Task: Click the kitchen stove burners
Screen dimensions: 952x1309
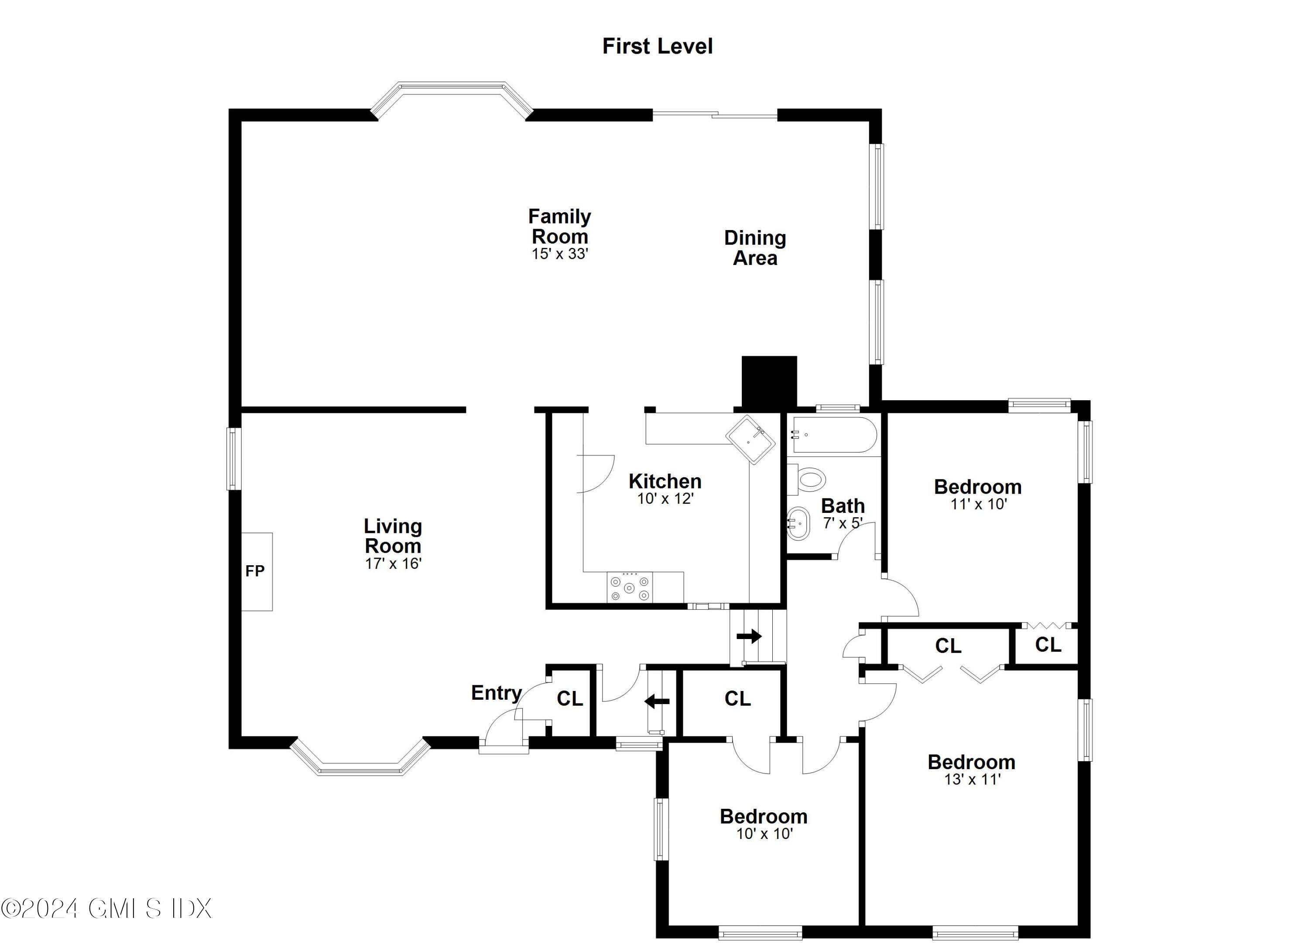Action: (629, 588)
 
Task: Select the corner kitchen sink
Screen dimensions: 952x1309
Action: (750, 440)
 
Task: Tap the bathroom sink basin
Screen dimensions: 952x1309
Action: (799, 523)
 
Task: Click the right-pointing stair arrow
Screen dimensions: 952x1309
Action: (749, 637)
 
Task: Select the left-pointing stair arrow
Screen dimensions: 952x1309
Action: (657, 702)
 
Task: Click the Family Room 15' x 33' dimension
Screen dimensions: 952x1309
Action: (559, 254)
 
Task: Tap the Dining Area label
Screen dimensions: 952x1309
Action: (754, 247)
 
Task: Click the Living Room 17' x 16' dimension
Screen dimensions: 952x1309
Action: (393, 564)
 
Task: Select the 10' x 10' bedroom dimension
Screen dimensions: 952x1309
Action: (764, 834)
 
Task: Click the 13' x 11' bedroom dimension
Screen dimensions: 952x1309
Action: (972, 780)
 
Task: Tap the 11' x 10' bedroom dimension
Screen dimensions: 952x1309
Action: (978, 504)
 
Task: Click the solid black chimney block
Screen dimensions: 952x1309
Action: (769, 381)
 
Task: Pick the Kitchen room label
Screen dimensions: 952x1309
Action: (665, 481)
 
